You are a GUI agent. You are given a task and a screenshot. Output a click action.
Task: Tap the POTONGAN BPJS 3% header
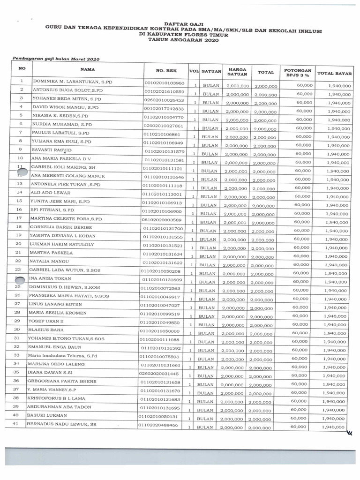(x=297, y=71)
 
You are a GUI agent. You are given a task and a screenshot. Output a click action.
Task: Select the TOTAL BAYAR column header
(x=335, y=73)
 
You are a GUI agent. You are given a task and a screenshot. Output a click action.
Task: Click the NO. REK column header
(x=165, y=70)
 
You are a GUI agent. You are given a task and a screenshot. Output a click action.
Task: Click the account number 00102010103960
(x=165, y=83)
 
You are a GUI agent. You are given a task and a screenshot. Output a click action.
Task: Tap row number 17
(x=19, y=218)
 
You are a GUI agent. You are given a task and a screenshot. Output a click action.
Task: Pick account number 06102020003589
(x=164, y=219)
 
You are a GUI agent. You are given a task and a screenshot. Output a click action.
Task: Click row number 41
(x=15, y=424)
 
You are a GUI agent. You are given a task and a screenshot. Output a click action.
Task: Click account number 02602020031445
(x=159, y=374)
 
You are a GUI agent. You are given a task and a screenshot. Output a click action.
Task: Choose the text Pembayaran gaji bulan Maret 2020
(x=56, y=60)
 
